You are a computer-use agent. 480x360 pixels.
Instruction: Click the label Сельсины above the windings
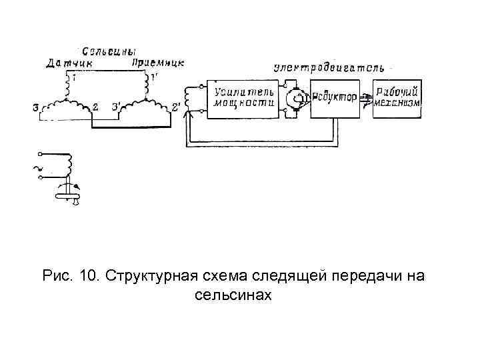(111, 51)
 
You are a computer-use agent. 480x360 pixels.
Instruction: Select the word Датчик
(70, 63)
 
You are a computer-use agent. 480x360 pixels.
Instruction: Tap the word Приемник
(158, 63)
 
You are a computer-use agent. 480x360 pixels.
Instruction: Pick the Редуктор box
(335, 99)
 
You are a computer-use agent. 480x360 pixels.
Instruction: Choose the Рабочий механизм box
(397, 98)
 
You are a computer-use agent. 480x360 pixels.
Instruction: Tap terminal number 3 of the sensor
(35, 107)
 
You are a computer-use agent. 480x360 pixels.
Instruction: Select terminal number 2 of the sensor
(95, 107)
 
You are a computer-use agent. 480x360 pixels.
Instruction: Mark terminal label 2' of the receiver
(176, 107)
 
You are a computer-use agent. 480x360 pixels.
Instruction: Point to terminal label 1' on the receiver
(154, 78)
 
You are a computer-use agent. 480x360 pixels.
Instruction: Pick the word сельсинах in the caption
(233, 294)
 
